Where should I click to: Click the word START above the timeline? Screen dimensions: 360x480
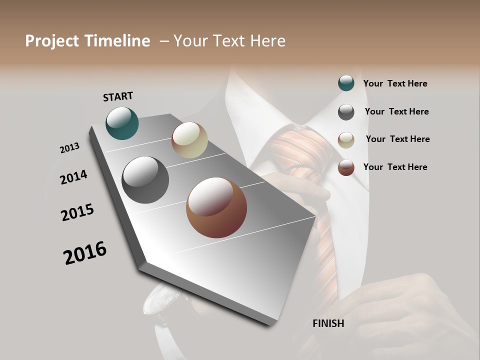coord(118,96)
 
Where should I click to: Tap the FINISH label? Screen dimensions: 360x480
coord(328,323)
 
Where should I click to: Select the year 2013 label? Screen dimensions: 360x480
coord(69,148)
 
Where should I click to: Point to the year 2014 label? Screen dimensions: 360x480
coord(73,177)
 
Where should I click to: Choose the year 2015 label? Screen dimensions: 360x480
coord(77,212)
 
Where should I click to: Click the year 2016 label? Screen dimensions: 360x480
coord(85,253)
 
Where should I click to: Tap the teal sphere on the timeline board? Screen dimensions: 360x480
coord(122,123)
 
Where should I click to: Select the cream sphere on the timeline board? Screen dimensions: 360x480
coord(189,140)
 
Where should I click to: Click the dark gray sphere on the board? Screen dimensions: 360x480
coord(145,180)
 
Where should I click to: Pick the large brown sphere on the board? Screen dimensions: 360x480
coord(216,207)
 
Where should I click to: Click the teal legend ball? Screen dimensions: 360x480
coord(346,83)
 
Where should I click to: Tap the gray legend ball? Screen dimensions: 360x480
coord(346,112)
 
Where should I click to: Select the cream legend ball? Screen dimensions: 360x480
coord(346,140)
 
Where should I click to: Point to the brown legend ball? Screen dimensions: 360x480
coord(346,167)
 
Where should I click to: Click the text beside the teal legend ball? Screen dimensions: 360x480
coord(395,83)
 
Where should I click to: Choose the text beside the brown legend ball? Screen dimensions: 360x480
coord(395,167)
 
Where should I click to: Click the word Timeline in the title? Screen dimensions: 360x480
coord(117,41)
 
